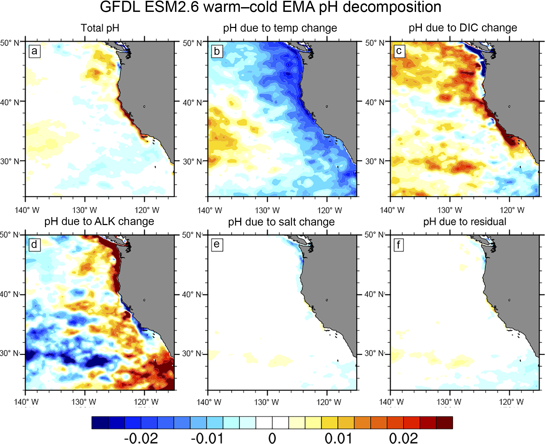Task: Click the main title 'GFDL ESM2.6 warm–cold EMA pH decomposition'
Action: (270, 7)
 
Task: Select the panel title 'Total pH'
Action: (100, 28)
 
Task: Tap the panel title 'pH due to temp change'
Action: (280, 28)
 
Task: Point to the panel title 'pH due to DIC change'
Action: (462, 28)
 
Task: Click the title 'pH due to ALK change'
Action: (99, 221)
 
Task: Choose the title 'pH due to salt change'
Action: (281, 222)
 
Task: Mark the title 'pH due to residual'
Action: (465, 222)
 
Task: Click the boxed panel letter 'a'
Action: (35, 51)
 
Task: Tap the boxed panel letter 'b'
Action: (217, 51)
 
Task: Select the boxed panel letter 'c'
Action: (399, 51)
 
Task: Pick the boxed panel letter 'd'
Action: (34, 245)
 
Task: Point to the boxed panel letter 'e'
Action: (217, 245)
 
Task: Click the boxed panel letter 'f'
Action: (398, 245)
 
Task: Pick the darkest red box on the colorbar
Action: (444, 422)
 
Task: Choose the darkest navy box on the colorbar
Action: (100, 422)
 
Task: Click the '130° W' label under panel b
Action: (267, 210)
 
